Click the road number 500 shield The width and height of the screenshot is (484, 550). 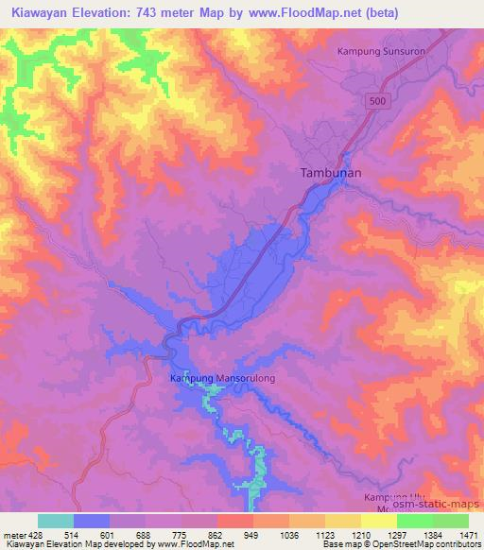[378, 99]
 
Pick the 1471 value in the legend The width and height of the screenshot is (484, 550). [469, 534]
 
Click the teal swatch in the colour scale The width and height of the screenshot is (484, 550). [56, 521]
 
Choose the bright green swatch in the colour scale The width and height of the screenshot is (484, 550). [414, 521]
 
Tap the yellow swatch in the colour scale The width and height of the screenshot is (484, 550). [342, 521]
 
